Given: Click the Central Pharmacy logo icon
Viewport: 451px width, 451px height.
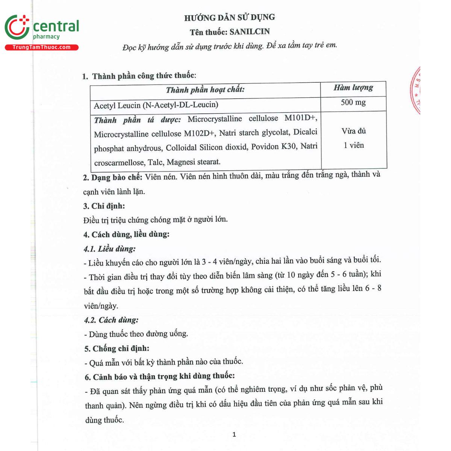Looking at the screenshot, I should (x=17, y=27).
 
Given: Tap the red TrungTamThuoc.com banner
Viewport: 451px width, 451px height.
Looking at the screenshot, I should (x=41, y=47).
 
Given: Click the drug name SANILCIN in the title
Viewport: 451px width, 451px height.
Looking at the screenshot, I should (x=250, y=32).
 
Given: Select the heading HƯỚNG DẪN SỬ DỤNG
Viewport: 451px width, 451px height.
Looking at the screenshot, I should (x=229, y=17).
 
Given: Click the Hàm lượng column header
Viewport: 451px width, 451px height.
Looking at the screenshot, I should (x=353, y=88).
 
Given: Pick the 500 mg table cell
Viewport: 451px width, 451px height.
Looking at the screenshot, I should (x=353, y=102).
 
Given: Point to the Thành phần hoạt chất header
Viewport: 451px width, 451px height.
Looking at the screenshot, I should (x=205, y=89).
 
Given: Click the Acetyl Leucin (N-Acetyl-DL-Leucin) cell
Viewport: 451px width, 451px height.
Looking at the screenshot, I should (x=156, y=105).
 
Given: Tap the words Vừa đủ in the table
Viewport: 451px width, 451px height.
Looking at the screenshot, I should (x=354, y=131).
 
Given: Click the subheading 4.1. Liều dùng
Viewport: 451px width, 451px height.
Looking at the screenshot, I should (x=110, y=249).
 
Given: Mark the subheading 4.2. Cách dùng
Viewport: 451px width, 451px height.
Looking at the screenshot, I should (x=111, y=320).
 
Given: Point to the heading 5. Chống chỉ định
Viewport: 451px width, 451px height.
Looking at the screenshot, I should (x=117, y=348).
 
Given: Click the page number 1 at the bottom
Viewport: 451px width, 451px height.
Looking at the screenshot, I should (x=234, y=434).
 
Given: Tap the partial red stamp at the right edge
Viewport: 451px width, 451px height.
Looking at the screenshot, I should (x=416, y=90).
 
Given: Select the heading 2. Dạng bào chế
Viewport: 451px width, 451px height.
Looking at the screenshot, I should (x=113, y=177).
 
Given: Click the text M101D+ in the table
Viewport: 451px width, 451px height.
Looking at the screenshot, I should (x=301, y=118).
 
